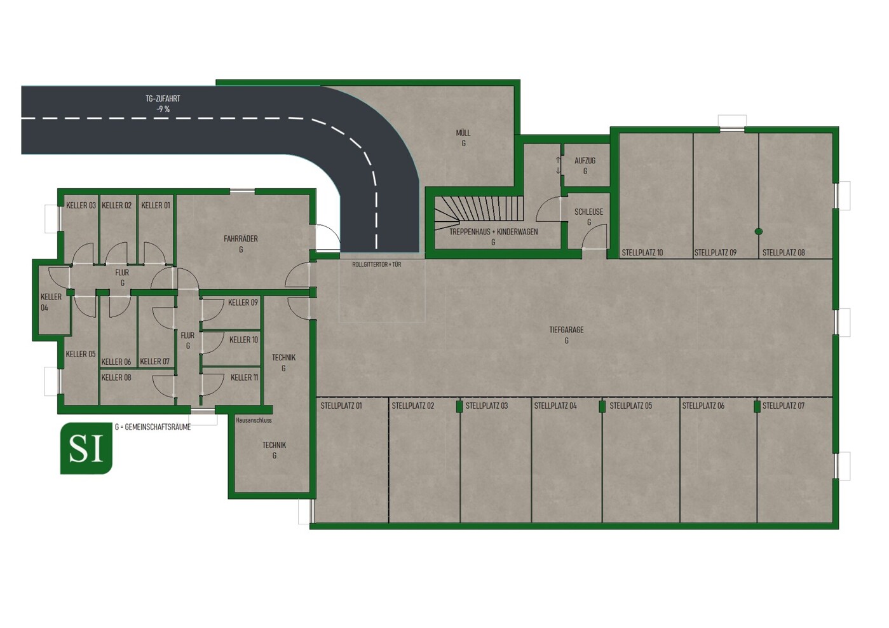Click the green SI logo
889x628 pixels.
point(86,448)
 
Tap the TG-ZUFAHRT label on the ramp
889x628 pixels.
point(163,99)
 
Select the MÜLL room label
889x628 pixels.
point(463,133)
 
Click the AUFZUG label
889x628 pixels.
point(585,161)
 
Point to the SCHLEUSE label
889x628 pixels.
point(588,212)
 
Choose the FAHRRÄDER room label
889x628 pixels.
point(241,239)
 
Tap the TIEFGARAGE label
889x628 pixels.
point(566,330)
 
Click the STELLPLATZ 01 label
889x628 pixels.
point(341,406)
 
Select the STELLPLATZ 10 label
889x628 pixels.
point(642,252)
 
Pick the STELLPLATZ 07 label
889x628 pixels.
point(784,406)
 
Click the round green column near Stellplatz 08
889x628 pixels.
point(758,231)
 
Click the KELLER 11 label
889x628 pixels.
point(244,377)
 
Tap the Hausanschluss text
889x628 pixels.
point(254,420)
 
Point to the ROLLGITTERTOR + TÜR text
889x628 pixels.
point(377,264)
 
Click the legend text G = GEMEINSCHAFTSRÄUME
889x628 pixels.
point(153,427)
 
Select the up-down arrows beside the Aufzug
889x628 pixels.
point(558,165)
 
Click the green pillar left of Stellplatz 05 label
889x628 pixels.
point(602,406)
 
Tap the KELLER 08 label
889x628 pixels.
point(116,378)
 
